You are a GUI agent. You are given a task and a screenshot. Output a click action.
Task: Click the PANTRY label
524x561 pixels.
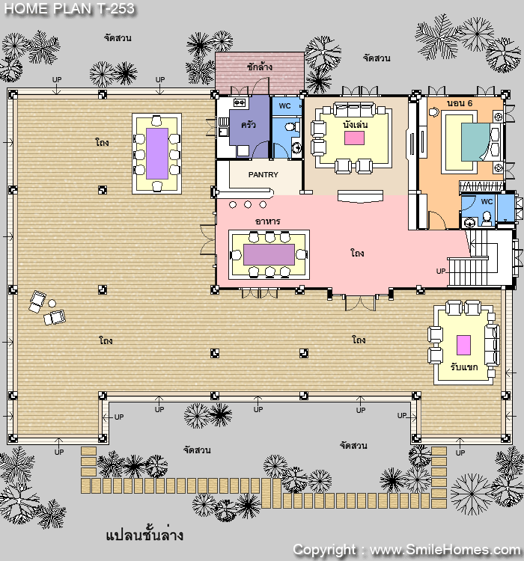tap(263, 174)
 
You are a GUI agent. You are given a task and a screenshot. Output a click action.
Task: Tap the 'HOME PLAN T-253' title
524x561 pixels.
tap(70, 8)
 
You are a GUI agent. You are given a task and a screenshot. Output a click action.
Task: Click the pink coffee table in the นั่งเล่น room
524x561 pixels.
tap(354, 138)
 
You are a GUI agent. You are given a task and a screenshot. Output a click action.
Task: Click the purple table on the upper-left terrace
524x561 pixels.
tap(157, 153)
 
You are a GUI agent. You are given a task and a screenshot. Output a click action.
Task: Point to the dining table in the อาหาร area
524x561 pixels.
tap(269, 255)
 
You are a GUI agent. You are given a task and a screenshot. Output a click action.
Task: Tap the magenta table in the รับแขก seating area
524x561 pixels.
tap(463, 345)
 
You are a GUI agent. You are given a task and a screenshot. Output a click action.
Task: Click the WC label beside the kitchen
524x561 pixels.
tap(284, 106)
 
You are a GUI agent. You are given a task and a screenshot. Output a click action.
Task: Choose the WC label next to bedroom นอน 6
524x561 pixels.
tap(487, 202)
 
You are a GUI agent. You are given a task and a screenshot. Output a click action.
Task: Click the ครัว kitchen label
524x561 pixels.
tap(249, 124)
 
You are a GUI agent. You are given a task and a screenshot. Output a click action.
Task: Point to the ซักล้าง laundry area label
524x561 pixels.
tap(259, 67)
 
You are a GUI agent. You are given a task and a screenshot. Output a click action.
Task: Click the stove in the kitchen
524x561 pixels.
tap(240, 103)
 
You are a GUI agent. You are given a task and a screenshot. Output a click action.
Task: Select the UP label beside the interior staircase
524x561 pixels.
tap(441, 272)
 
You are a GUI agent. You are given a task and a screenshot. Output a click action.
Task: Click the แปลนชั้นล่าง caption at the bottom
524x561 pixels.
tap(144, 536)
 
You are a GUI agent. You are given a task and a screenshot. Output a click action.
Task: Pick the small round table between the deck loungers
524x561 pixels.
tap(52, 304)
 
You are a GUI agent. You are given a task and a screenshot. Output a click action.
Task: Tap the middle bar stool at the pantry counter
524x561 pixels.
tap(248, 204)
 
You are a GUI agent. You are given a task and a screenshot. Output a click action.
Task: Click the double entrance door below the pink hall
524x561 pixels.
tap(360, 303)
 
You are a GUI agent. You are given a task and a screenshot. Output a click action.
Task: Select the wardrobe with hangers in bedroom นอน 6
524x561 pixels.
tap(482, 186)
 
